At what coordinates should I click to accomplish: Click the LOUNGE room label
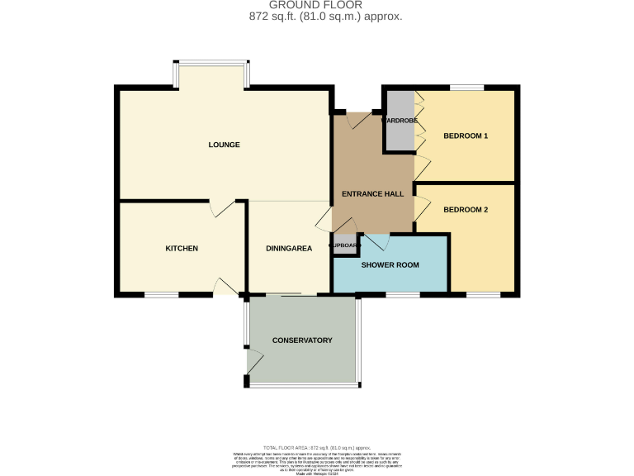[224, 145]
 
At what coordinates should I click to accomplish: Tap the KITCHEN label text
[182, 249]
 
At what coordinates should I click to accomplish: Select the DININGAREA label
[288, 249]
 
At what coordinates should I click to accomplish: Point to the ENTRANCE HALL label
[372, 193]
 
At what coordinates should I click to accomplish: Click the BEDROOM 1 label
[466, 136]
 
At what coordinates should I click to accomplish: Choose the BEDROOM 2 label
[466, 210]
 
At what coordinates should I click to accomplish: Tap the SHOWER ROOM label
[390, 265]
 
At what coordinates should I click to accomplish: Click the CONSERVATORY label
[302, 340]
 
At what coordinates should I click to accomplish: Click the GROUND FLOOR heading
[316, 5]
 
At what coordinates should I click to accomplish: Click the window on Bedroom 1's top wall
[466, 87]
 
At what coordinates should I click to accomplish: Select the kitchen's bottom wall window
[161, 294]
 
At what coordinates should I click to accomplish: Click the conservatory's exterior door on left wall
[253, 360]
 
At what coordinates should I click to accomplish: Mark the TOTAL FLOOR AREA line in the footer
[316, 446]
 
